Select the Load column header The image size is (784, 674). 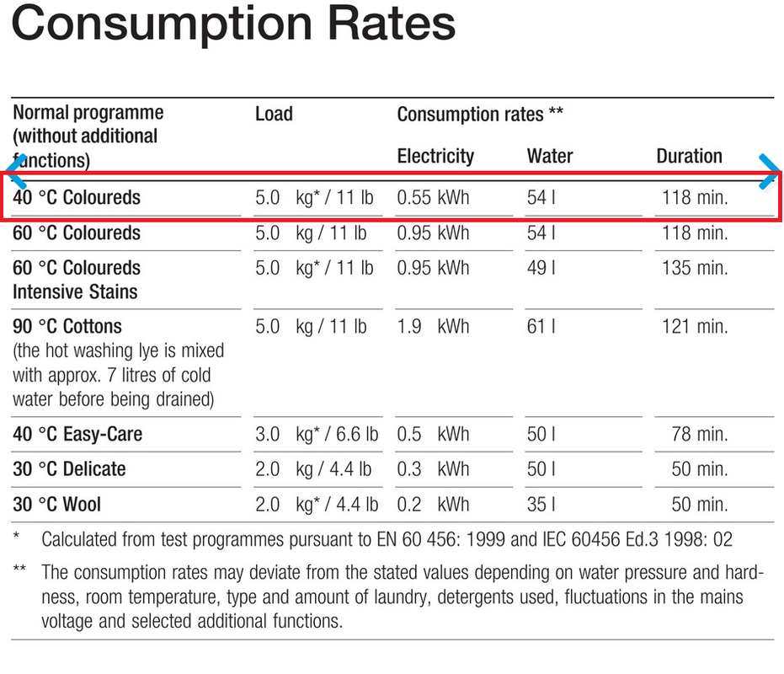(x=274, y=114)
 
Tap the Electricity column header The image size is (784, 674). (x=435, y=157)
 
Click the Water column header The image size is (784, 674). (x=549, y=157)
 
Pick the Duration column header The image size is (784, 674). (x=689, y=157)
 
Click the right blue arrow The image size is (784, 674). (x=770, y=171)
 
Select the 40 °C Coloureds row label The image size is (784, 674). (x=77, y=198)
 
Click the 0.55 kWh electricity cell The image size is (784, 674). (x=433, y=199)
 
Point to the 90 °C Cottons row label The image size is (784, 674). (x=67, y=327)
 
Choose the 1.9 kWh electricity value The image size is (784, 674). (x=433, y=327)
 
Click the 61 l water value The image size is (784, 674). (x=541, y=327)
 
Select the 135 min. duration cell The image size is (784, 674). (x=695, y=269)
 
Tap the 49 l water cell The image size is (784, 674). (x=541, y=269)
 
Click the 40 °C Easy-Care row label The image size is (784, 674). (x=77, y=435)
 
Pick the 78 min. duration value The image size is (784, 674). (x=699, y=436)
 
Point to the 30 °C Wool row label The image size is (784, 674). (x=56, y=505)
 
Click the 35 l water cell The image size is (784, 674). (x=541, y=505)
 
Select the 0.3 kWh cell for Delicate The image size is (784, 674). (x=433, y=469)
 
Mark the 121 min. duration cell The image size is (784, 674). (x=695, y=327)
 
